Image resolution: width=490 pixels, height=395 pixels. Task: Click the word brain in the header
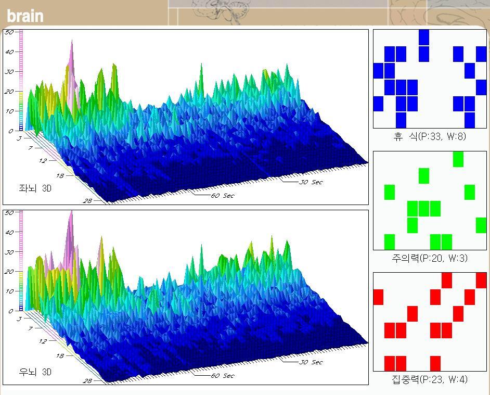(x=25, y=16)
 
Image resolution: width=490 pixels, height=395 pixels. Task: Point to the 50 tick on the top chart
(x=8, y=32)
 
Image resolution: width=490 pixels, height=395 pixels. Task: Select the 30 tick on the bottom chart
(x=8, y=252)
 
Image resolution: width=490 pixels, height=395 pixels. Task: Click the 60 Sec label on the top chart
(x=222, y=196)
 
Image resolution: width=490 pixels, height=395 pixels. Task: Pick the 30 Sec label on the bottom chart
(x=311, y=362)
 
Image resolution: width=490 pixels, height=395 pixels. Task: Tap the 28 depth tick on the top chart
(x=87, y=200)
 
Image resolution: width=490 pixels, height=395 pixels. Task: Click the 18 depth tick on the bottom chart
(x=60, y=356)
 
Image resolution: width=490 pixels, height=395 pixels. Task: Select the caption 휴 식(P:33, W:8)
(x=429, y=137)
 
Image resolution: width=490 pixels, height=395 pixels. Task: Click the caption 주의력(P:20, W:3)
(x=429, y=258)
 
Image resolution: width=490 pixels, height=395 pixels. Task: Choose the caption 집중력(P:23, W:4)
(x=429, y=379)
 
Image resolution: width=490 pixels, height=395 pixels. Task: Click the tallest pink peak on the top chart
(x=72, y=43)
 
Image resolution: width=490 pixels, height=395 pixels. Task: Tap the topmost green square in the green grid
(x=458, y=159)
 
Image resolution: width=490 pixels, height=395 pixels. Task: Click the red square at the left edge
(x=378, y=297)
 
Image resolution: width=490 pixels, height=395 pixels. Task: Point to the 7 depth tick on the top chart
(x=31, y=148)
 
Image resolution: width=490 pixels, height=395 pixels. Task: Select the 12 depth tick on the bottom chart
(x=43, y=341)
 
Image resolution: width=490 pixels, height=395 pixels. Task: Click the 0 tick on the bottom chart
(x=10, y=311)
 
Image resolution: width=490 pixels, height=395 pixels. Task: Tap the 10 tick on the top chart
(x=8, y=111)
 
